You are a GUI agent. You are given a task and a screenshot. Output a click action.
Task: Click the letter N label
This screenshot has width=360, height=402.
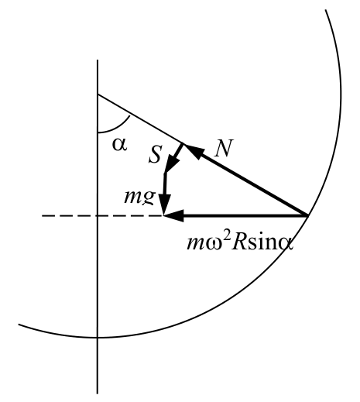(224, 148)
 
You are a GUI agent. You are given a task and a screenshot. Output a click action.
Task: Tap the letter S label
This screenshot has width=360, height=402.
(156, 154)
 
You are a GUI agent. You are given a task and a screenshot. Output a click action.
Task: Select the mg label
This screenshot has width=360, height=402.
(140, 197)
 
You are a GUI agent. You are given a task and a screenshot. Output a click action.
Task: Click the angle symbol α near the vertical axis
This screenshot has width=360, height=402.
(120, 145)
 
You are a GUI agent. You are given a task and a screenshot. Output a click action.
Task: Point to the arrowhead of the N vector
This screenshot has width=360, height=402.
(194, 150)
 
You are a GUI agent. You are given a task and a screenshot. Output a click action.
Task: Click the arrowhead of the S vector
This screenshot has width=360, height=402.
(172, 163)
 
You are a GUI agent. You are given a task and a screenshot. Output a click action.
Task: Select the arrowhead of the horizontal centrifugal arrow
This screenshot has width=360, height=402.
(174, 215)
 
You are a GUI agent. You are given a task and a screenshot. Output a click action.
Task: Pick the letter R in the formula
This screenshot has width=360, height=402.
(238, 243)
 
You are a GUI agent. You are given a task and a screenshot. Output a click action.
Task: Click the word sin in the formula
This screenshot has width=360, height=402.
(262, 243)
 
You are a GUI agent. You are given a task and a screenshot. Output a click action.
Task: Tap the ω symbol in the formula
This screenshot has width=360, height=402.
(214, 245)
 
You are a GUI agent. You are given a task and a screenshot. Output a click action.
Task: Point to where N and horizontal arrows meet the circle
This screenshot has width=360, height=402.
(307, 215)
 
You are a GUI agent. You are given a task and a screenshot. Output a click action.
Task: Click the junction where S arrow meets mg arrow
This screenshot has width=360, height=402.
(165, 173)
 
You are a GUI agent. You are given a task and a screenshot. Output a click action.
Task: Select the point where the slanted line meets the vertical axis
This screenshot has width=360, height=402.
(98, 94)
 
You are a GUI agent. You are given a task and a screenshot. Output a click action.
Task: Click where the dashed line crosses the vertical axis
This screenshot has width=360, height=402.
(98, 215)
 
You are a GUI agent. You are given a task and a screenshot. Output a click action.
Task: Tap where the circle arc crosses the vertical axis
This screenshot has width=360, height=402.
(98, 337)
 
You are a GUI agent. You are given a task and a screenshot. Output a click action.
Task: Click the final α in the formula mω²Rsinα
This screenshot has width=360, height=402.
(286, 245)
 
